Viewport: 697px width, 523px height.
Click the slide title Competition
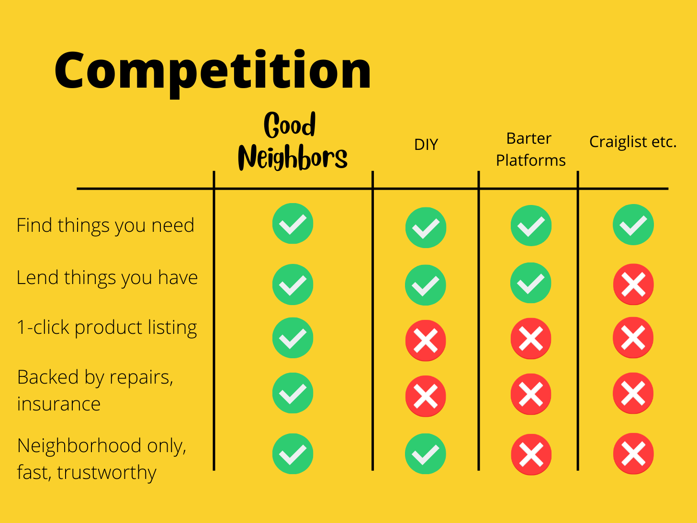click(213, 71)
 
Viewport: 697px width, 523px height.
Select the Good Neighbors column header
click(292, 141)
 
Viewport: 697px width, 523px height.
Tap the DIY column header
click(426, 145)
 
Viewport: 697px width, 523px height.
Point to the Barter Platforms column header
click(530, 149)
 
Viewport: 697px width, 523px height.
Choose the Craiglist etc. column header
click(632, 142)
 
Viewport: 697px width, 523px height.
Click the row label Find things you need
click(105, 225)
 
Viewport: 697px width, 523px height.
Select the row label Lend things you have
click(107, 278)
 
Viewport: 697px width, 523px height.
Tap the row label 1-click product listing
click(107, 328)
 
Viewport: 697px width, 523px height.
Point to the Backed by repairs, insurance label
click(95, 390)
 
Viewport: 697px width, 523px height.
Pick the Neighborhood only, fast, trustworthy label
click(101, 459)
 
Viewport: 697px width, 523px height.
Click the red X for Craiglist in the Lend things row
click(633, 284)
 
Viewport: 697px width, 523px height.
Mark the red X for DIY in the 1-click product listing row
click(426, 341)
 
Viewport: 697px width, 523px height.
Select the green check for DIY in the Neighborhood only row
click(426, 454)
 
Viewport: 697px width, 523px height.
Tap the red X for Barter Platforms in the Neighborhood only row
click(531, 455)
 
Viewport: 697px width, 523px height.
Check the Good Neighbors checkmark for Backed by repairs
click(292, 393)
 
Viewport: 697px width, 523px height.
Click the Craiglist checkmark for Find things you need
click(633, 225)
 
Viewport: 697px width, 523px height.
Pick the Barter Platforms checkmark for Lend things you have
click(531, 283)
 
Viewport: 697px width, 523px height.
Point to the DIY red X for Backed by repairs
click(426, 396)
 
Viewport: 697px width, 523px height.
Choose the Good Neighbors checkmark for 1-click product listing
click(292, 338)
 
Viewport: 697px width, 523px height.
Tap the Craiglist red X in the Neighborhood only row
click(633, 454)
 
